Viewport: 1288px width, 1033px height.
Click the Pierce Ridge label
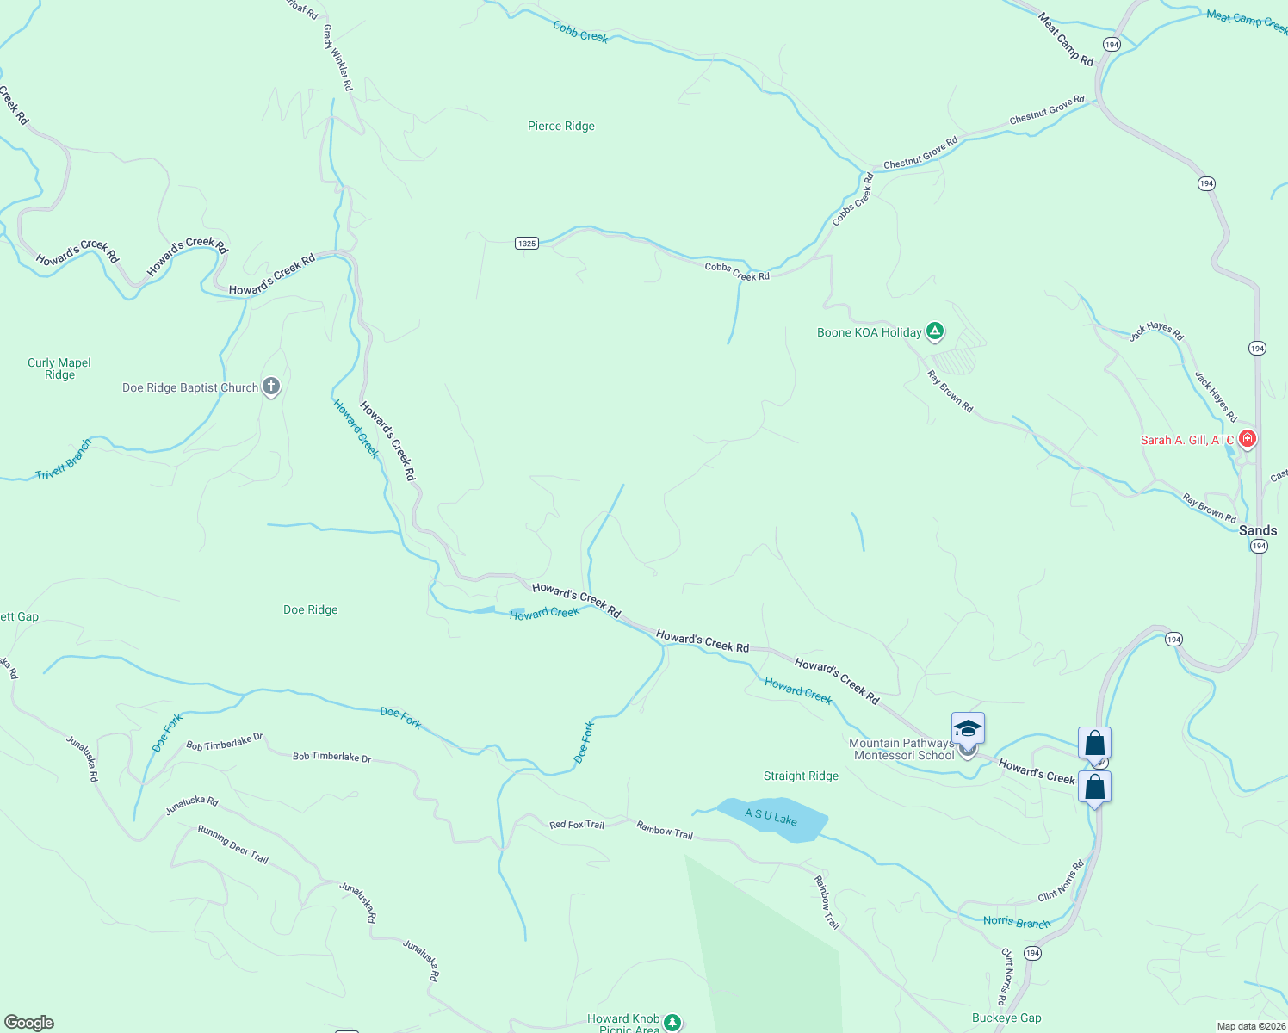561,127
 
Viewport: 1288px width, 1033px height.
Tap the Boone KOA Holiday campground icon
935,331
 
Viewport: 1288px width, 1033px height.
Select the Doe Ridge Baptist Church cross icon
271,387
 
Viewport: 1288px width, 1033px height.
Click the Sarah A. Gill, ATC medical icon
1247,439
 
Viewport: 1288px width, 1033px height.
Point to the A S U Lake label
771,816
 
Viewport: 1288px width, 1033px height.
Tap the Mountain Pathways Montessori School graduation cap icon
968,729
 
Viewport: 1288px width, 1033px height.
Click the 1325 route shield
527,243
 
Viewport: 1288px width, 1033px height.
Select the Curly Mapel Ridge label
59,368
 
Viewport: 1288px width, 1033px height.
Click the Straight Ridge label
801,776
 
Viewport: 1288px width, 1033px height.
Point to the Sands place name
1257,530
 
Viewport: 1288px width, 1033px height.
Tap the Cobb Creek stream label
580,33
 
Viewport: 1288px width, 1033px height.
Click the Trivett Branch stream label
64,460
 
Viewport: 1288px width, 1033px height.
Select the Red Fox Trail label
577,825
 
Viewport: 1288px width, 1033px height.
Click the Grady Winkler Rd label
337,57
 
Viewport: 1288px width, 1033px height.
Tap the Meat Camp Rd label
1066,39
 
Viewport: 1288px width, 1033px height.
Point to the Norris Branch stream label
1017,922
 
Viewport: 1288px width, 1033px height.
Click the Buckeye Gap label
1006,1018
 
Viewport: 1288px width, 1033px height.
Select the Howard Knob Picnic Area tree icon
672,1022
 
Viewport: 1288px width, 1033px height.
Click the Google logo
29,1022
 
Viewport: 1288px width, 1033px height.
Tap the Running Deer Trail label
233,844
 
